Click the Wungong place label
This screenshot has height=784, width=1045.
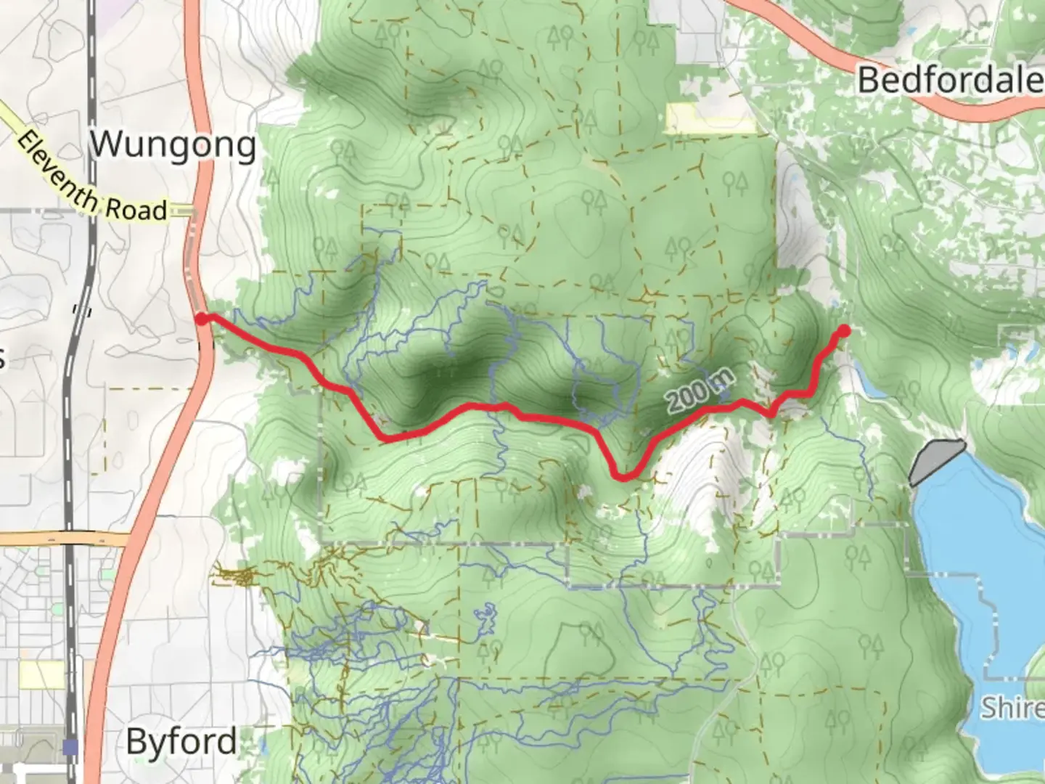coord(173,145)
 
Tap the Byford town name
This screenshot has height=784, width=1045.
coord(181,741)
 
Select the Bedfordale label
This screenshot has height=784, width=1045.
coord(949,80)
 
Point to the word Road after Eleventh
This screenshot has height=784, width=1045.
coord(136,211)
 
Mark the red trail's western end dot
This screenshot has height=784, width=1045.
coord(201,318)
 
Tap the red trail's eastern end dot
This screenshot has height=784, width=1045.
coord(844,331)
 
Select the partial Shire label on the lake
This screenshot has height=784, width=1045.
coord(1012,706)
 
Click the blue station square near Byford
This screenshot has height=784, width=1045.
coord(70,746)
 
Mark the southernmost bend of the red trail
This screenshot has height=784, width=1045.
coord(623,477)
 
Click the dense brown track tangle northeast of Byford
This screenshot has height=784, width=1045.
coord(236,577)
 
